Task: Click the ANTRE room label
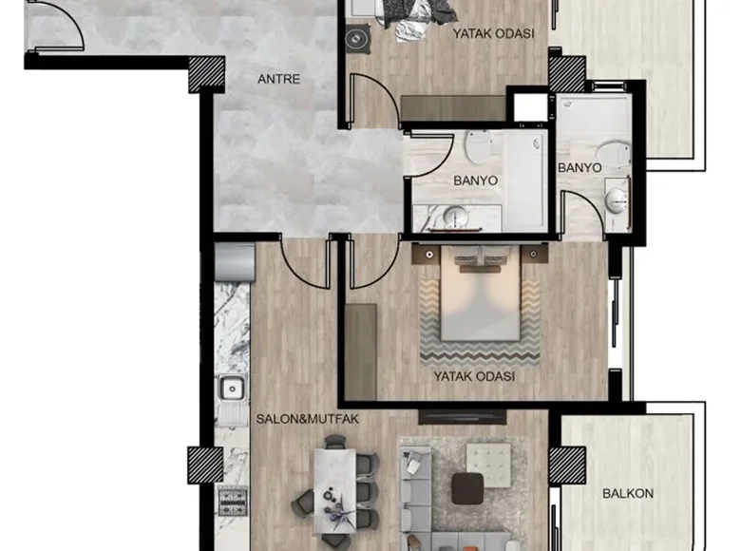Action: point(278,80)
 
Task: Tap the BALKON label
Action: point(628,494)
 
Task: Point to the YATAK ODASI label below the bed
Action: point(474,376)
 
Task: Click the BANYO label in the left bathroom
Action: point(475,180)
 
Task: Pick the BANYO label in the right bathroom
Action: point(579,167)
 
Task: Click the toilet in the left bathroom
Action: point(478,145)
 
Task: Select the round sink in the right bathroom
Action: point(617,199)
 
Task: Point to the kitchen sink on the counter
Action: point(231,389)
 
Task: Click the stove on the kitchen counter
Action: point(232,500)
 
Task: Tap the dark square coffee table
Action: point(466,488)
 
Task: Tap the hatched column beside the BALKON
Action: point(567,465)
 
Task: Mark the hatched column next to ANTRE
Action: point(206,74)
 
